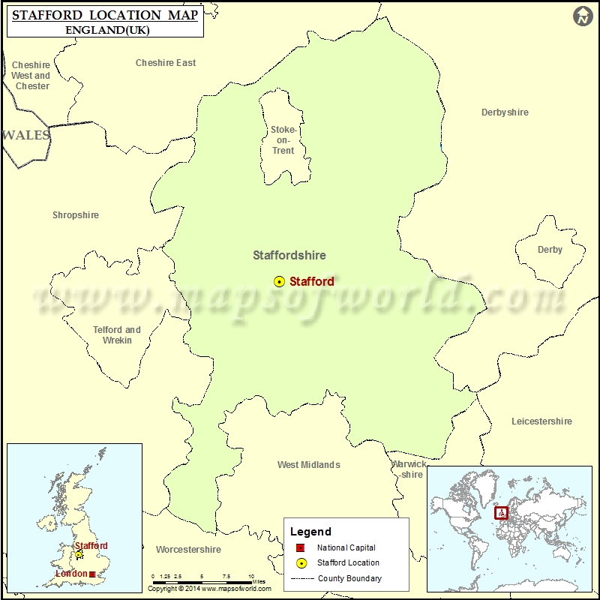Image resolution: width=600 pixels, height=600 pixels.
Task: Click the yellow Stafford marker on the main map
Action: click(279, 282)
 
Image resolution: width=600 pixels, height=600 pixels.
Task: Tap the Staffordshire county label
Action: click(289, 255)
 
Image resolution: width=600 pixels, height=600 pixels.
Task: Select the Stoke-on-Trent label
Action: click(283, 140)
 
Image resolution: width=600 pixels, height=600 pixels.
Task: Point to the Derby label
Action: click(550, 250)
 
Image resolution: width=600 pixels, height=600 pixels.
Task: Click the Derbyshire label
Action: click(505, 112)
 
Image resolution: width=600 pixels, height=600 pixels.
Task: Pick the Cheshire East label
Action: click(166, 63)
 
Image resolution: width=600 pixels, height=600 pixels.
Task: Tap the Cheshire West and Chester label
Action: click(31, 76)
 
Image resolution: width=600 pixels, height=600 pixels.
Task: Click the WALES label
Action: click(26, 136)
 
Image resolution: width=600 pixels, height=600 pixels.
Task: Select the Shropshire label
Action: click(75, 215)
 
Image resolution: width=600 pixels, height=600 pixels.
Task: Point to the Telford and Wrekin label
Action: click(117, 334)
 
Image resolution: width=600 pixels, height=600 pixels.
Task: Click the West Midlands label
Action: click(308, 465)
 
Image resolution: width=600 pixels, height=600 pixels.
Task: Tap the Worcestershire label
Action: click(188, 550)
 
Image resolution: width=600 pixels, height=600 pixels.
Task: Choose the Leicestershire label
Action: click(541, 421)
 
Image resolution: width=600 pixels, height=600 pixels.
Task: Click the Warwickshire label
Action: click(409, 469)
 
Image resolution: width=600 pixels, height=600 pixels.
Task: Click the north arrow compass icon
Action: click(583, 16)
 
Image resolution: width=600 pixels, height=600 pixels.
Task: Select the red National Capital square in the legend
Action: click(300, 548)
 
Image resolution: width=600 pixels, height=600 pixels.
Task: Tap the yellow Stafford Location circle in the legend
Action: click(300, 563)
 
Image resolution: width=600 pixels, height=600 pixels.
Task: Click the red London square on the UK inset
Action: click(92, 574)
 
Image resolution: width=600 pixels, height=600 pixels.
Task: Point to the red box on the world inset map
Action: click(501, 513)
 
